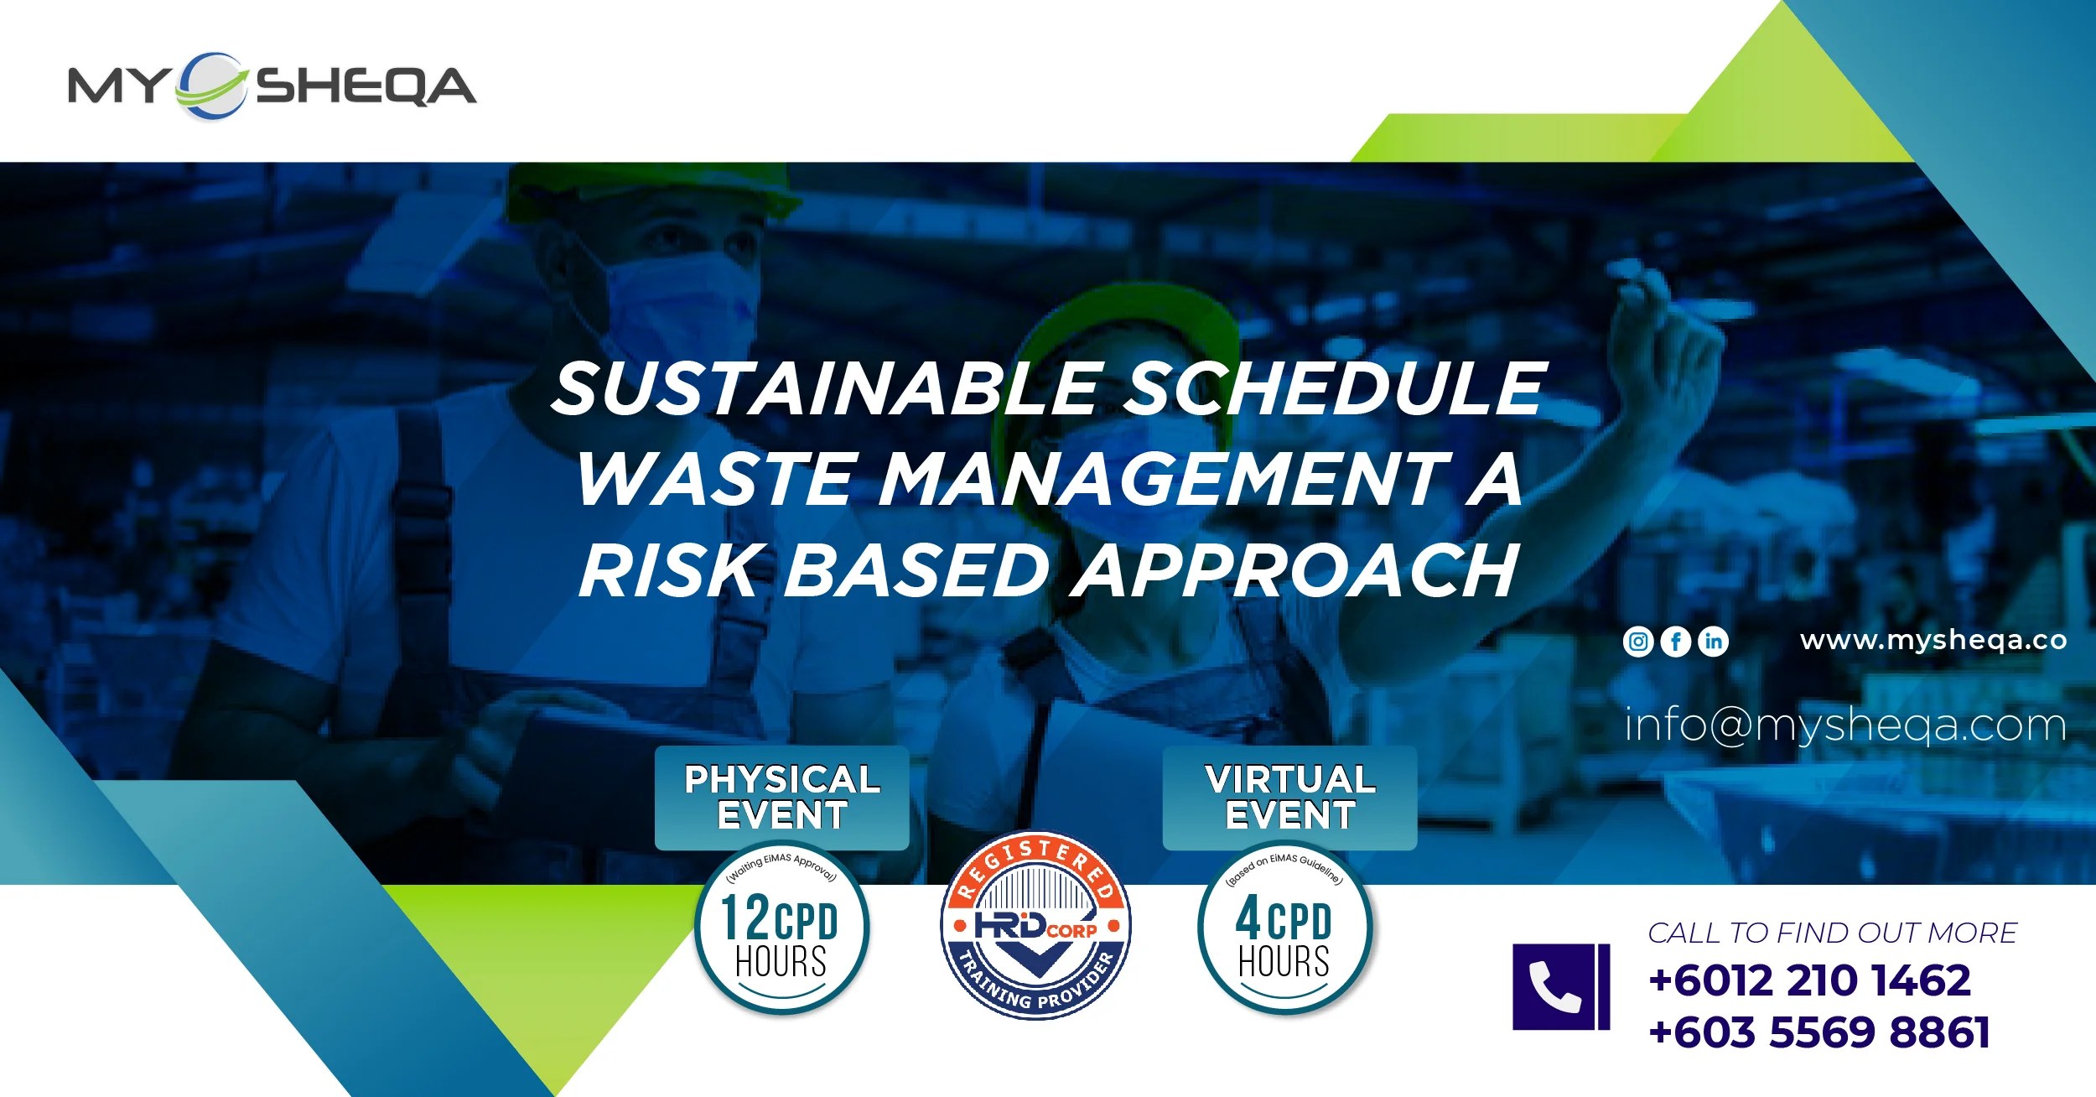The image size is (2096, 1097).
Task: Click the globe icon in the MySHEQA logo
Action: tap(211, 86)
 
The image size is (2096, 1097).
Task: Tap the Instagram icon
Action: tap(1638, 642)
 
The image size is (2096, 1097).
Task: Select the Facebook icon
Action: tap(1676, 642)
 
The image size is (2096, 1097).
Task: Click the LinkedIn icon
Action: tap(1713, 642)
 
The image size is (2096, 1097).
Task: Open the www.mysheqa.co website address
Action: tap(1933, 641)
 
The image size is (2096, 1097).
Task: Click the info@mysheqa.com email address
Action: tap(1844, 725)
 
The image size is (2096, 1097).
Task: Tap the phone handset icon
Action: tap(1556, 986)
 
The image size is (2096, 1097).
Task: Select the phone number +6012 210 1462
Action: tap(1809, 980)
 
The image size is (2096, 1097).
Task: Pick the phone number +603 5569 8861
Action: tap(1818, 1032)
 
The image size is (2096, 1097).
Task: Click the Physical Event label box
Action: tap(781, 798)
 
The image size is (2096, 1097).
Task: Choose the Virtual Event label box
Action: tap(1289, 798)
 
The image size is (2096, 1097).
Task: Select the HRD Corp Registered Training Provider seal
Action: tap(1036, 926)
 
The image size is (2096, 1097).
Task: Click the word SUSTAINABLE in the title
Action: tap(825, 388)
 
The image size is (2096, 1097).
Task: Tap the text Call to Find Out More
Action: tap(1832, 933)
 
